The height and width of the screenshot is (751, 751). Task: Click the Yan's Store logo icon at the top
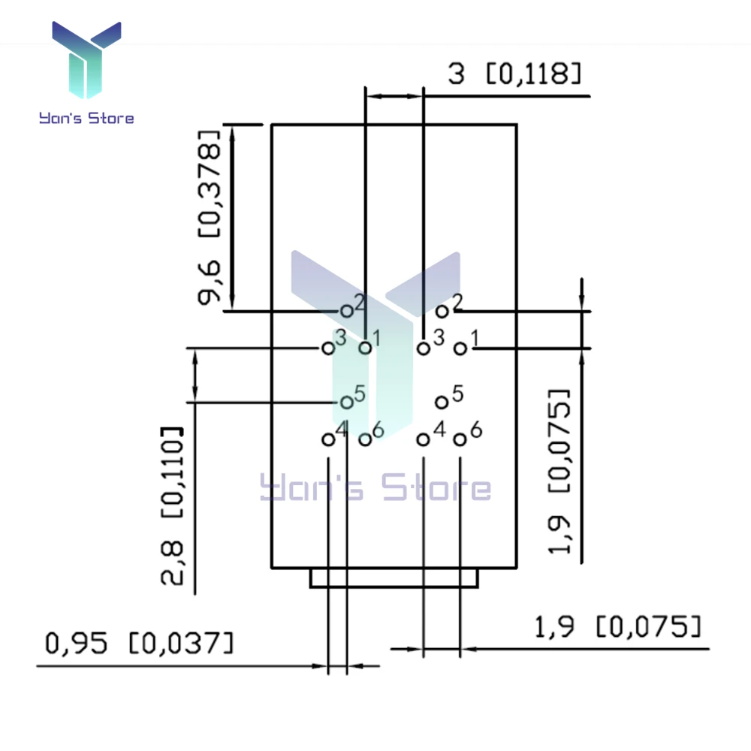click(x=86, y=59)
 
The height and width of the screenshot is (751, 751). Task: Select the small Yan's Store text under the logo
click(x=86, y=118)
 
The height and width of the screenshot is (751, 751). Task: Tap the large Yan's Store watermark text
click(x=375, y=487)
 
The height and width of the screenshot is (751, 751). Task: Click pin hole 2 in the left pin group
click(x=347, y=312)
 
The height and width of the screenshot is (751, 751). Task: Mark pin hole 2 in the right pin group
click(x=442, y=312)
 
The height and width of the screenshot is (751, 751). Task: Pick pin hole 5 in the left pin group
click(x=347, y=403)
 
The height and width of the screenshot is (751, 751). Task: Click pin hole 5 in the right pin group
click(x=442, y=403)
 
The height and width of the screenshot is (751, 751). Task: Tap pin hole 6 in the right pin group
click(x=460, y=439)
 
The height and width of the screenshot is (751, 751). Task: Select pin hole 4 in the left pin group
click(x=328, y=439)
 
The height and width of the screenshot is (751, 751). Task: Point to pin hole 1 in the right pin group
click(x=460, y=348)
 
